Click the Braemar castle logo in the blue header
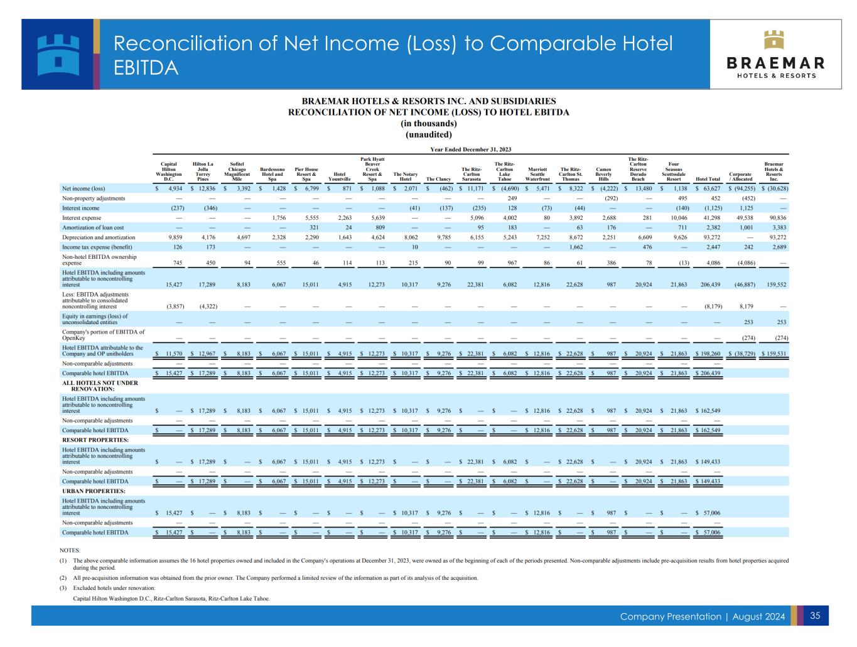(x=57, y=54)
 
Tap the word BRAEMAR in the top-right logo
(x=775, y=63)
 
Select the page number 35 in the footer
(x=815, y=616)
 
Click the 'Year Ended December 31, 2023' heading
(x=470, y=149)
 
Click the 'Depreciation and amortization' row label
(x=99, y=237)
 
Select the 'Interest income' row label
(x=81, y=208)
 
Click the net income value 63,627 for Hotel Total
(x=709, y=188)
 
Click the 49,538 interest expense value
(x=741, y=218)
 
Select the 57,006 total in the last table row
(x=709, y=533)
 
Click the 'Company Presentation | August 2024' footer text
(x=702, y=616)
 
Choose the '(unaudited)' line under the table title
(x=428, y=134)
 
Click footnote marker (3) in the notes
(x=63, y=588)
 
